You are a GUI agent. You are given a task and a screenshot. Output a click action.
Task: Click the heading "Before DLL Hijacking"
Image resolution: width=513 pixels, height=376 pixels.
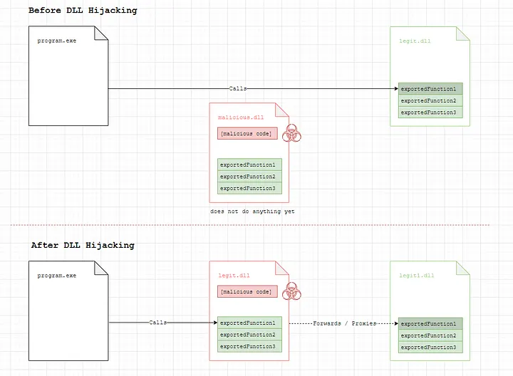coord(83,11)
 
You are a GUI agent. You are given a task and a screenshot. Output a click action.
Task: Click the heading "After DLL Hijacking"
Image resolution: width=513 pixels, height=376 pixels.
coord(82,245)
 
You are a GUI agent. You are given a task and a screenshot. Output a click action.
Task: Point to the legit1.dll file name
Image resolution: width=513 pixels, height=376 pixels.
coord(417,275)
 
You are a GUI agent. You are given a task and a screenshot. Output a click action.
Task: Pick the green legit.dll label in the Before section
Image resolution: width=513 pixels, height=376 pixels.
coord(415,41)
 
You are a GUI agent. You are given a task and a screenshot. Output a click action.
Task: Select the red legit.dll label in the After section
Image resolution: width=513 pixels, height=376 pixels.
coord(234,275)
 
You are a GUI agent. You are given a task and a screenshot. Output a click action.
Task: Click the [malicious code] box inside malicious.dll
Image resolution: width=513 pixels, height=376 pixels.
coord(246,133)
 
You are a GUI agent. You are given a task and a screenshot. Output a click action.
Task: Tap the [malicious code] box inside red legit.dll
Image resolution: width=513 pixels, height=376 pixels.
coord(246,291)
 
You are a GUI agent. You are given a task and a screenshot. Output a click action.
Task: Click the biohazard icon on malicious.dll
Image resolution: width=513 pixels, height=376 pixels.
coord(291,133)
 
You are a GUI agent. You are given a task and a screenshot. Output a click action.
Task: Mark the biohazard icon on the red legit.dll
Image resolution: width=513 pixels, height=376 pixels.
coord(291,291)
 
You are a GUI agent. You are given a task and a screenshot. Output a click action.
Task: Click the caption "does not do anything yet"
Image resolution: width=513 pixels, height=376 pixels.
coord(252,211)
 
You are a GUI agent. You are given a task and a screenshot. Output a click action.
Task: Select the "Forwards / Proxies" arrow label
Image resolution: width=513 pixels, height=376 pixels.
coord(343,323)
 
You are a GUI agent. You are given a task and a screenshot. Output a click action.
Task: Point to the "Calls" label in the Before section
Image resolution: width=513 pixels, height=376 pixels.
coord(238,89)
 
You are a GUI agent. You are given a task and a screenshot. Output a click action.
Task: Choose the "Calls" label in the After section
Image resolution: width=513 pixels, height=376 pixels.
coord(158,323)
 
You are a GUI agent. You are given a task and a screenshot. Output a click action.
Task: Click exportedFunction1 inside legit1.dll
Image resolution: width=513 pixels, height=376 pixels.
coord(430,323)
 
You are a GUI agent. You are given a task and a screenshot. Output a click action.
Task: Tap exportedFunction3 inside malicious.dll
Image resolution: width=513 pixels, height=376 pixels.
coord(249,188)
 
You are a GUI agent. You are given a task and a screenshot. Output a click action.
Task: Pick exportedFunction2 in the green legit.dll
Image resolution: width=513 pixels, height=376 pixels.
coord(430,100)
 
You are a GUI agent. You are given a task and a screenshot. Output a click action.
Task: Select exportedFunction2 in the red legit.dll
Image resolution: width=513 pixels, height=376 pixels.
coord(249,335)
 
